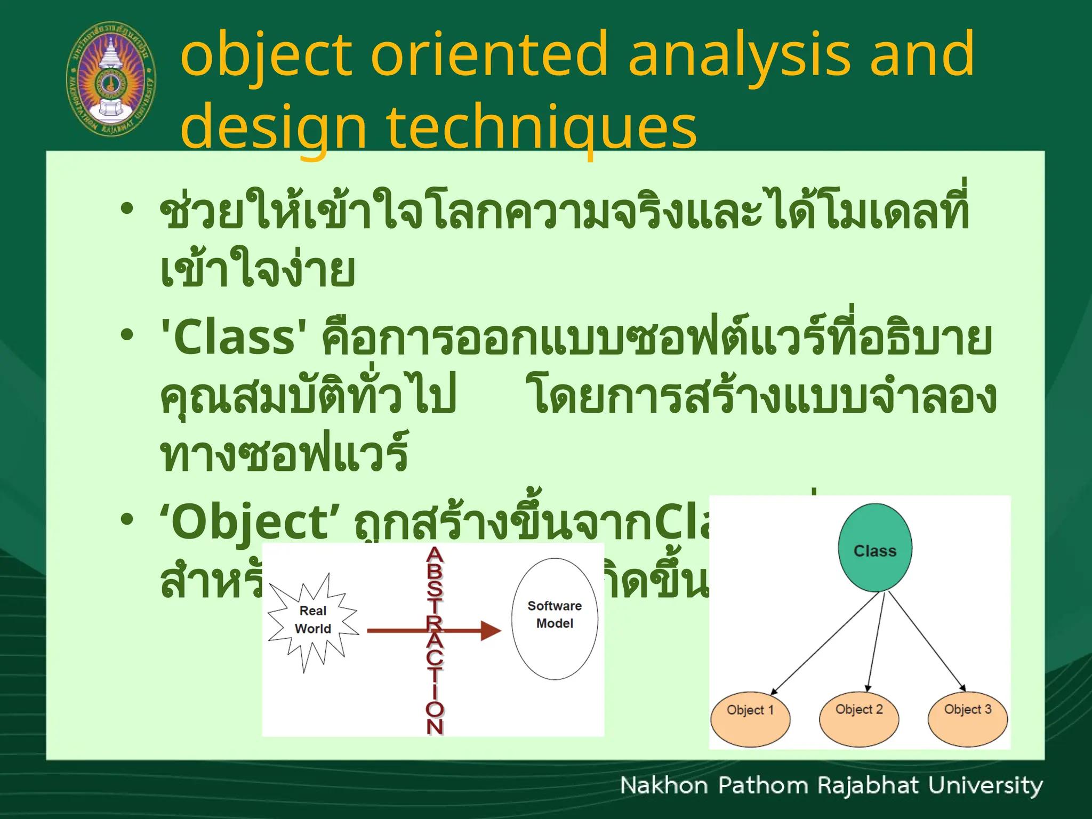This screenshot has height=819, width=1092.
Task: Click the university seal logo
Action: [110, 79]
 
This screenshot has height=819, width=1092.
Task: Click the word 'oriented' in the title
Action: [489, 54]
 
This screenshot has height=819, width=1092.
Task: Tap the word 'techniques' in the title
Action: [541, 127]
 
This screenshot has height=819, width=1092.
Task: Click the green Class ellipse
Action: [874, 548]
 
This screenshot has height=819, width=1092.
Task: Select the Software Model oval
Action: [555, 619]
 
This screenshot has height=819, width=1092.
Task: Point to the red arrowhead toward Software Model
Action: [491, 631]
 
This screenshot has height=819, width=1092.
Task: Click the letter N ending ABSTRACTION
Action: [435, 727]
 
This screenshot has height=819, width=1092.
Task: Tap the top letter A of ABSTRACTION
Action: [435, 556]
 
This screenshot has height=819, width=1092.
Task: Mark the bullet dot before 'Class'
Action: [126, 335]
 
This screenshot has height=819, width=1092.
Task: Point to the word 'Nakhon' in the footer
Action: [664, 786]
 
